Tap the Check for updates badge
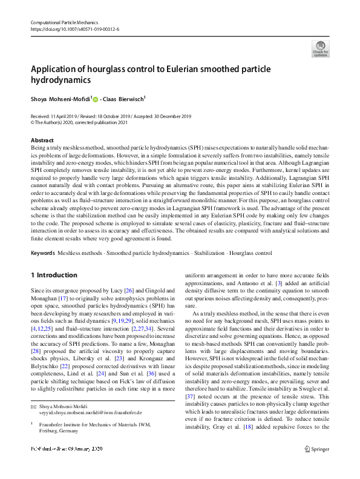(320, 48)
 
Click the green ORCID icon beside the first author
(94, 99)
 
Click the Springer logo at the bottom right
(316, 466)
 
